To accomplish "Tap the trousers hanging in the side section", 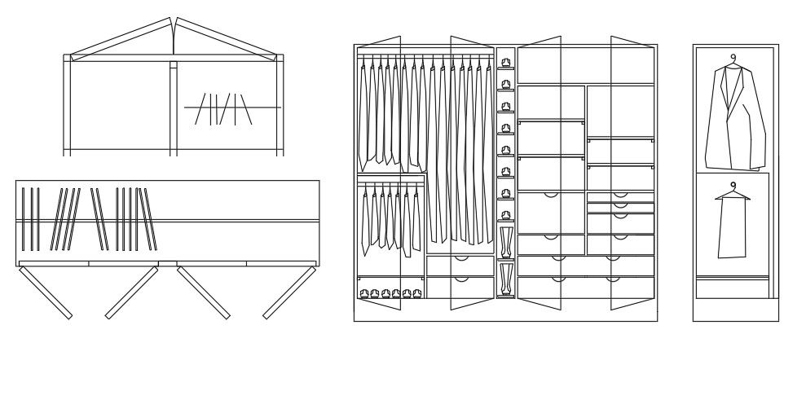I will [732, 228].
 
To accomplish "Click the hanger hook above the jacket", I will [733, 58].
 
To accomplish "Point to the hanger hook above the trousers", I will [733, 186].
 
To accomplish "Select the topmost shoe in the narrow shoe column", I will [505, 63].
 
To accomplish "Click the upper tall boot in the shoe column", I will [506, 242].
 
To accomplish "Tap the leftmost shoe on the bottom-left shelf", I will [363, 293].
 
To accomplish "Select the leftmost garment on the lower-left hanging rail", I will [365, 220].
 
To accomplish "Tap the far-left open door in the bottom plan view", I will [45, 292].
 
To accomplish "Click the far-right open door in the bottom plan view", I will [289, 292].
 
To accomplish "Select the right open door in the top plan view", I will [228, 36].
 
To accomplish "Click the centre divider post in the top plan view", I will [173, 106].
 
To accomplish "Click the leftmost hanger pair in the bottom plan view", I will [30, 218].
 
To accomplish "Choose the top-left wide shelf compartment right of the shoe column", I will [551, 103].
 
